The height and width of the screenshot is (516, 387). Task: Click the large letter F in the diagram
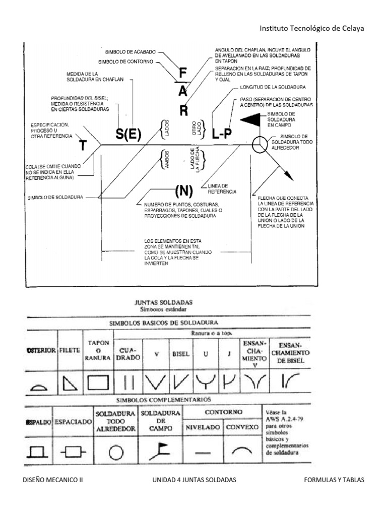coord(183,74)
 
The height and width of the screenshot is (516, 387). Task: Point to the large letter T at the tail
coord(83,145)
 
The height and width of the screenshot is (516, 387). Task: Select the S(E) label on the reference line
coord(128,135)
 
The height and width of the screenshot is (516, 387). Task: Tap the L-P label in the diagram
coord(222,135)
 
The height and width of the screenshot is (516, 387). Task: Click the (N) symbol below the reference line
coord(184,191)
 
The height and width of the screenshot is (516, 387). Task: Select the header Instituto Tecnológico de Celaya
coord(311,28)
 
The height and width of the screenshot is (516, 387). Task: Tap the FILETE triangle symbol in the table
coord(70,384)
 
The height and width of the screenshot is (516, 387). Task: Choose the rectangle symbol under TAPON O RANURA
coord(99,383)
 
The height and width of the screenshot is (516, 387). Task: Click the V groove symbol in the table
coord(156,383)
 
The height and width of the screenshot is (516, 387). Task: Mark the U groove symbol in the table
coord(206,383)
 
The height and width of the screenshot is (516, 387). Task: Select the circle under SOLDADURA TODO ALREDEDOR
coord(116,453)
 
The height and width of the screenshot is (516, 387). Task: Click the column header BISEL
coord(181,354)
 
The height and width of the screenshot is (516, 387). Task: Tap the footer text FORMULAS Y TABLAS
coord(334,480)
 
